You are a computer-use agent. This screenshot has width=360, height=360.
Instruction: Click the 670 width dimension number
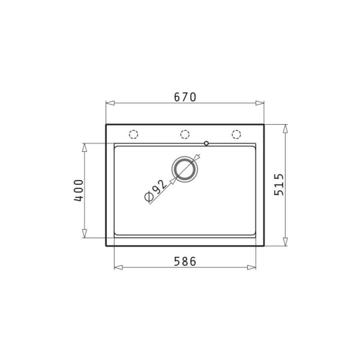coord(185,97)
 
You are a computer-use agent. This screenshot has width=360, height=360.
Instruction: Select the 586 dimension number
coord(185,262)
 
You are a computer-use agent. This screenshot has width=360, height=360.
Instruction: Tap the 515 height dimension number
coord(279,185)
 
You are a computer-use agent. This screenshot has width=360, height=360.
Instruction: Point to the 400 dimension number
coord(79,191)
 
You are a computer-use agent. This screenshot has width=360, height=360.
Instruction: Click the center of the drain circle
coord(185,169)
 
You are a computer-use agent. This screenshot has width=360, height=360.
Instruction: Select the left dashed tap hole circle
coord(133,134)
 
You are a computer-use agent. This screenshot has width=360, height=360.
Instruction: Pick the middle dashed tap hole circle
coord(185,134)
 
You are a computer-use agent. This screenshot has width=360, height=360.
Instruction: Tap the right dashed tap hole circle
coord(236,134)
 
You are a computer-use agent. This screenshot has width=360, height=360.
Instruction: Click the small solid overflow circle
coord(206,143)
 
